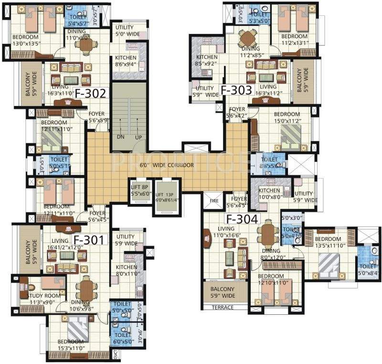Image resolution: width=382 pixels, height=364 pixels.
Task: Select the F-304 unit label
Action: (242, 219)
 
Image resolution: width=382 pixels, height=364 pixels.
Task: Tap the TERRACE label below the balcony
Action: (223, 307)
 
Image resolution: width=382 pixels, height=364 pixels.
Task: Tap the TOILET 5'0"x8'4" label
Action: (368, 270)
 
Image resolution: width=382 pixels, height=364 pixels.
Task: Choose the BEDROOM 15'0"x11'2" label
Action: (287, 118)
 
